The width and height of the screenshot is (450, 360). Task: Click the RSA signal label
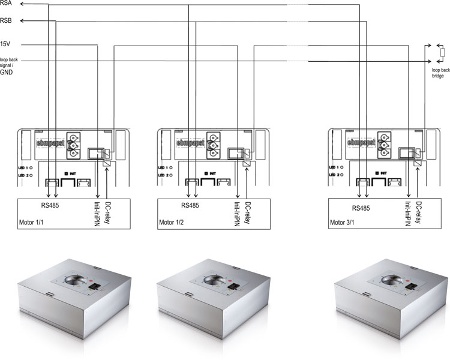[x=7, y=4]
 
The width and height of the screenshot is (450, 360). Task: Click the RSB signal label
[x=7, y=22]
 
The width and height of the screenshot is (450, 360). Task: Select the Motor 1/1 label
[x=31, y=222]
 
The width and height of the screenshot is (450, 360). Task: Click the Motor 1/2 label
[x=170, y=222]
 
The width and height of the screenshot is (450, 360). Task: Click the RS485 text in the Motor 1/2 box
[x=192, y=205]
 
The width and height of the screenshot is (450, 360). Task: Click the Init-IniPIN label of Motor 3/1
[x=409, y=213]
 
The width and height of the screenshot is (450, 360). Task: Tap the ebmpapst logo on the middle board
[x=191, y=143]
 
